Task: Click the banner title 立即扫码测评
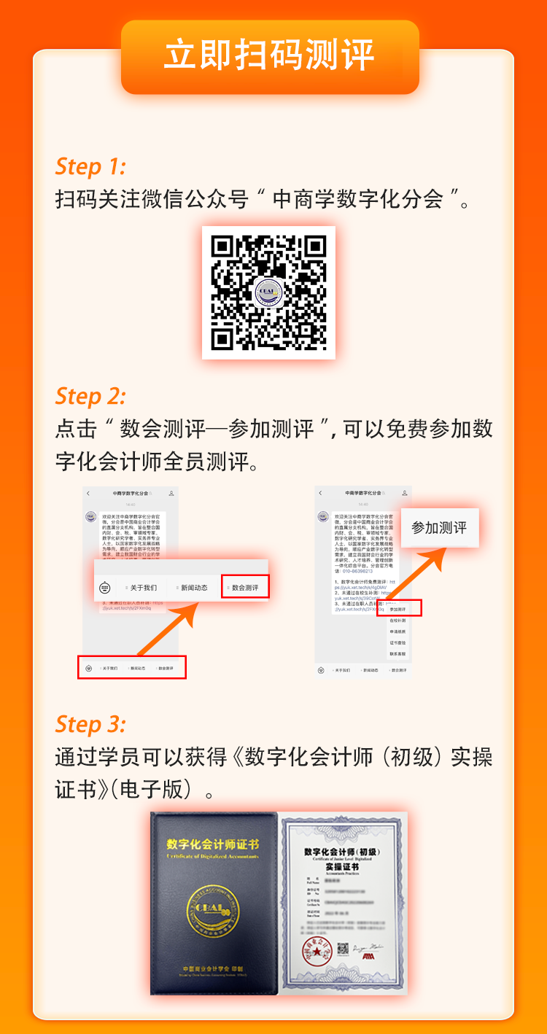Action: pos(269,56)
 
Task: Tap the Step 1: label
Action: pos(90,166)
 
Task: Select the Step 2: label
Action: pos(90,396)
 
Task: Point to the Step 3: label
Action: pos(90,724)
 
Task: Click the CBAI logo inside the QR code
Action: pos(268,292)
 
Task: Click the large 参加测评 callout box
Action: pos(439,527)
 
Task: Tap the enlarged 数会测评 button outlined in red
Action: pos(245,587)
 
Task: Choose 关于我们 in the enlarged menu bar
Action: pos(141,587)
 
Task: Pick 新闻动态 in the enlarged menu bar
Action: pos(193,587)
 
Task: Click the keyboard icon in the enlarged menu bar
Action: pos(105,588)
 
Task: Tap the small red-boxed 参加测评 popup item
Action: pos(398,608)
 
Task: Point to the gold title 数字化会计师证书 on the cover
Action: pos(213,844)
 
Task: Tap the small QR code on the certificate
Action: pos(344,949)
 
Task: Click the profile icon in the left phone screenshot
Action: pos(171,494)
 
